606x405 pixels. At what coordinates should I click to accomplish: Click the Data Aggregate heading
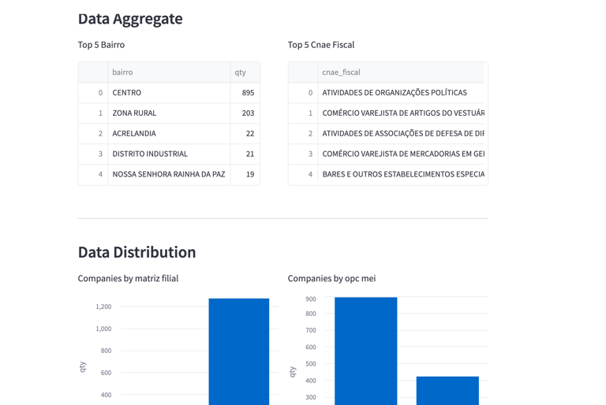[x=130, y=19]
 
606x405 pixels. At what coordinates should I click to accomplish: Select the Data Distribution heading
[x=137, y=252]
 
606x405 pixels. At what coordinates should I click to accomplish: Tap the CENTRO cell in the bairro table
[x=127, y=93]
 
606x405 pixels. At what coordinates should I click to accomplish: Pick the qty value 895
[x=248, y=93]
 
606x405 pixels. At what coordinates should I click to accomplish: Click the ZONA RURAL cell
[x=134, y=113]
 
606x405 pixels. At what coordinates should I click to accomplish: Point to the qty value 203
[x=248, y=113]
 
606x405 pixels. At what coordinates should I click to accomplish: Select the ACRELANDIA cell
[x=134, y=134]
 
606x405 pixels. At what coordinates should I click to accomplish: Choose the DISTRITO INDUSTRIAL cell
[x=150, y=154]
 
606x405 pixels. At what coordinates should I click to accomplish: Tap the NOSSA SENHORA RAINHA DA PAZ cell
[x=168, y=175]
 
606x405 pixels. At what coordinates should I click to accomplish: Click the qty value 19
[x=249, y=175]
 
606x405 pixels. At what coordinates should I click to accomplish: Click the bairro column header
[x=122, y=72]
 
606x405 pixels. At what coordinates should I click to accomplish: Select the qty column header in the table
[x=240, y=72]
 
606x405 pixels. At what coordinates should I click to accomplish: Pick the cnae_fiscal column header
[x=341, y=72]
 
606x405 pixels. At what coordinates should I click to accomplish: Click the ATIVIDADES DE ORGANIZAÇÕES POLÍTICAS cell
[x=395, y=93]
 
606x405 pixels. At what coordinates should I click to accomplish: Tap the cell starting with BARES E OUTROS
[x=402, y=175]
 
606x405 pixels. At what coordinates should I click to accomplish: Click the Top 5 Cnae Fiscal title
[x=321, y=45]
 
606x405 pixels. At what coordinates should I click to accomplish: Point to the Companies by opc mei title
[x=331, y=278]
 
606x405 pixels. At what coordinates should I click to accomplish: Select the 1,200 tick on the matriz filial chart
[x=103, y=307]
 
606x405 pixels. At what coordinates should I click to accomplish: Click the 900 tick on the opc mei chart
[x=311, y=299]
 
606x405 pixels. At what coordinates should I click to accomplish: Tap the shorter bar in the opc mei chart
[x=447, y=391]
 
